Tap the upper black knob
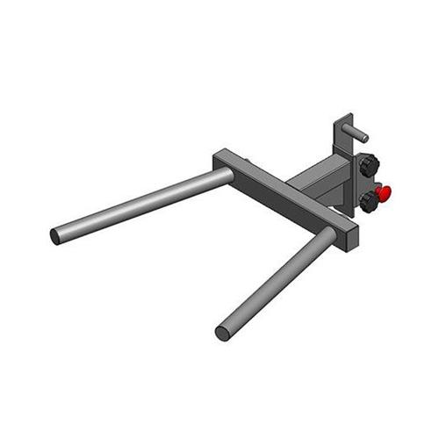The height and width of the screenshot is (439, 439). coord(368,163)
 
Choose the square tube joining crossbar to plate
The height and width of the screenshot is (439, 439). coord(318,182)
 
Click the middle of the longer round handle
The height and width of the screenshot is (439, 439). coord(140,205)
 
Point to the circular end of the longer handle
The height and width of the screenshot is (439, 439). coord(55,236)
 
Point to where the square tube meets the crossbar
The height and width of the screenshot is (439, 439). coord(294,187)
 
